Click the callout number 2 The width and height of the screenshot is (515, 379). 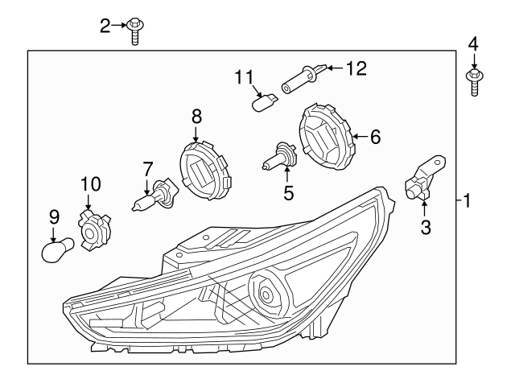[105, 27]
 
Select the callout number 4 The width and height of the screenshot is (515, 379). [473, 43]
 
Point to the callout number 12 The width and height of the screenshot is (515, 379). [355, 69]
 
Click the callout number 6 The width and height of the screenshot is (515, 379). [375, 137]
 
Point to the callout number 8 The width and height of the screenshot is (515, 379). [196, 117]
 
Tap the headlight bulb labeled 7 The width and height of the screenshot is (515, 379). [151, 198]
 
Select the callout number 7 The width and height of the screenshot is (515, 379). [147, 170]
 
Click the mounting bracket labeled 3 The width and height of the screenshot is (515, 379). [423, 183]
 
